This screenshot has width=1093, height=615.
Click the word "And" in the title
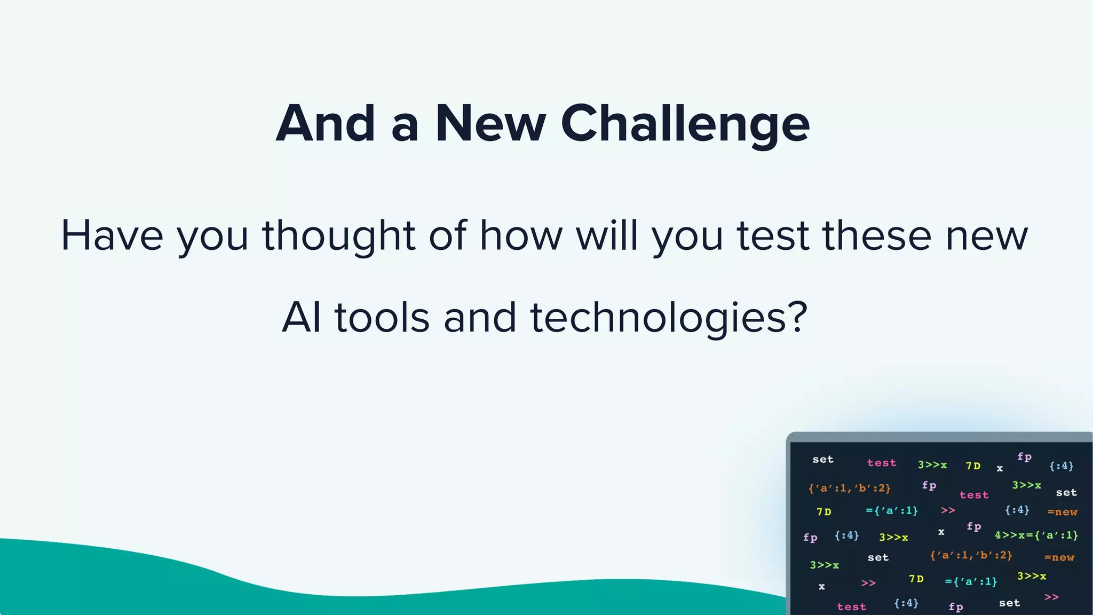326,124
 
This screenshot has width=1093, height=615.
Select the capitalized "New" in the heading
490,124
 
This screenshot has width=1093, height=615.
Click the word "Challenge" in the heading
685,124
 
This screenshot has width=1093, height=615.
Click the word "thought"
338,235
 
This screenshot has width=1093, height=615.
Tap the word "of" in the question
447,235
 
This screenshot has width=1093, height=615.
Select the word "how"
521,235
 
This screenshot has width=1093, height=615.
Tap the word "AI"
302,318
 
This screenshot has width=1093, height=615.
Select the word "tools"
382,318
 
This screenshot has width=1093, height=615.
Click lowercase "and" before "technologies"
480,318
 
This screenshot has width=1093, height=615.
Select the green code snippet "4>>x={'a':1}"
1036,535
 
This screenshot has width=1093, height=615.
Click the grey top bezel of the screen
939,437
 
